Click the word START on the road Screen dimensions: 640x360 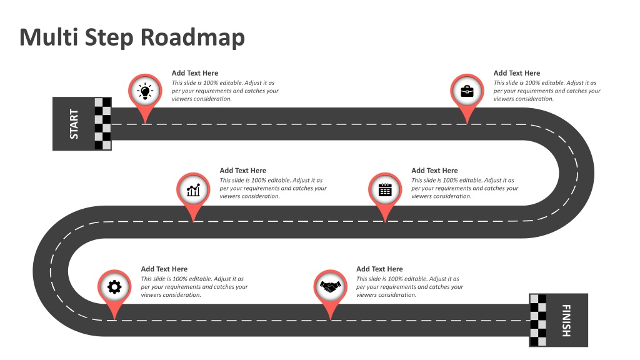pyautogui.click(x=74, y=124)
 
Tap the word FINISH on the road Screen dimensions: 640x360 pyautogui.click(x=566, y=321)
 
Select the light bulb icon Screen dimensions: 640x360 pyautogui.click(x=145, y=91)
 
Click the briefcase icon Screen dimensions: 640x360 pyautogui.click(x=467, y=91)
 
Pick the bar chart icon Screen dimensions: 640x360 pyautogui.click(x=193, y=190)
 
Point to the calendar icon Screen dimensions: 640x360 pyautogui.click(x=385, y=190)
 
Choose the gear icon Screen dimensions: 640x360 pyautogui.click(x=114, y=287)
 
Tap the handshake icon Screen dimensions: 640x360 pyautogui.click(x=330, y=287)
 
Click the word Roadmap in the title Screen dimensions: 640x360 pyautogui.click(x=192, y=37)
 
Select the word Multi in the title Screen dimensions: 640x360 pyautogui.click(x=49, y=37)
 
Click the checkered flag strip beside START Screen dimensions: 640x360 pyautogui.click(x=103, y=124)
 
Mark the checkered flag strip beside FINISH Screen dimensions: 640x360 pyautogui.click(x=538, y=321)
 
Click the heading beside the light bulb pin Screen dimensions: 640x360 pyautogui.click(x=195, y=73)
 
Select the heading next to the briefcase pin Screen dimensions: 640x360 pyautogui.click(x=517, y=73)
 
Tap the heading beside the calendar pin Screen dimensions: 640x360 pyautogui.click(x=434, y=171)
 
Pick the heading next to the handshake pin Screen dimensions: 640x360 pyautogui.click(x=379, y=269)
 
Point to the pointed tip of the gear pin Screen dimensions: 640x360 pyautogui.click(x=114, y=319)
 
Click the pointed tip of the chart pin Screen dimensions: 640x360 pyautogui.click(x=193, y=222)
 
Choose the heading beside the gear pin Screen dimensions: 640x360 pyautogui.click(x=164, y=269)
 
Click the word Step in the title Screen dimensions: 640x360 pyautogui.click(x=109, y=38)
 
